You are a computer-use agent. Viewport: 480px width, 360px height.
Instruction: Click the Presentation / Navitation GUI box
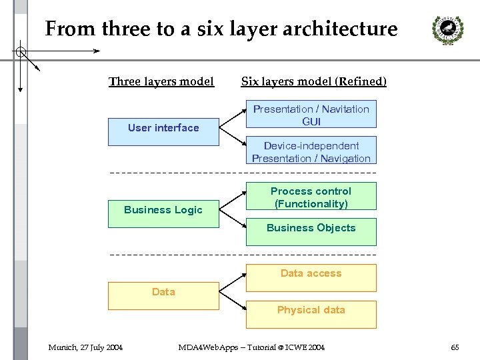pos(311,114)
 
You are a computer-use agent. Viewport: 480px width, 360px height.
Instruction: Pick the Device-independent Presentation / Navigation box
pos(311,151)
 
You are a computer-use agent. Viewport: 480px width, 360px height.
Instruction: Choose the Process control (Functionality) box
pos(311,197)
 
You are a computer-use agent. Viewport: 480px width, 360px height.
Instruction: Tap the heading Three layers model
pos(161,81)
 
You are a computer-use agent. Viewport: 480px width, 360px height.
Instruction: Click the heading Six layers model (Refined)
pos(313,81)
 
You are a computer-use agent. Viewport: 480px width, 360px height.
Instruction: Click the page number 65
pos(455,347)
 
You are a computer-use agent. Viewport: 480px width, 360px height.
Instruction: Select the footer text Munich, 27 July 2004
pos(85,347)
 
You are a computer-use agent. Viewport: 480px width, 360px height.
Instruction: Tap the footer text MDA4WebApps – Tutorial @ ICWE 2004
pos(251,347)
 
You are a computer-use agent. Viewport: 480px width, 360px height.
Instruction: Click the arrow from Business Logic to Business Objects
pos(233,221)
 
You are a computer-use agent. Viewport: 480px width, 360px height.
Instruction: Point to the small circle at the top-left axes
pos(21,51)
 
